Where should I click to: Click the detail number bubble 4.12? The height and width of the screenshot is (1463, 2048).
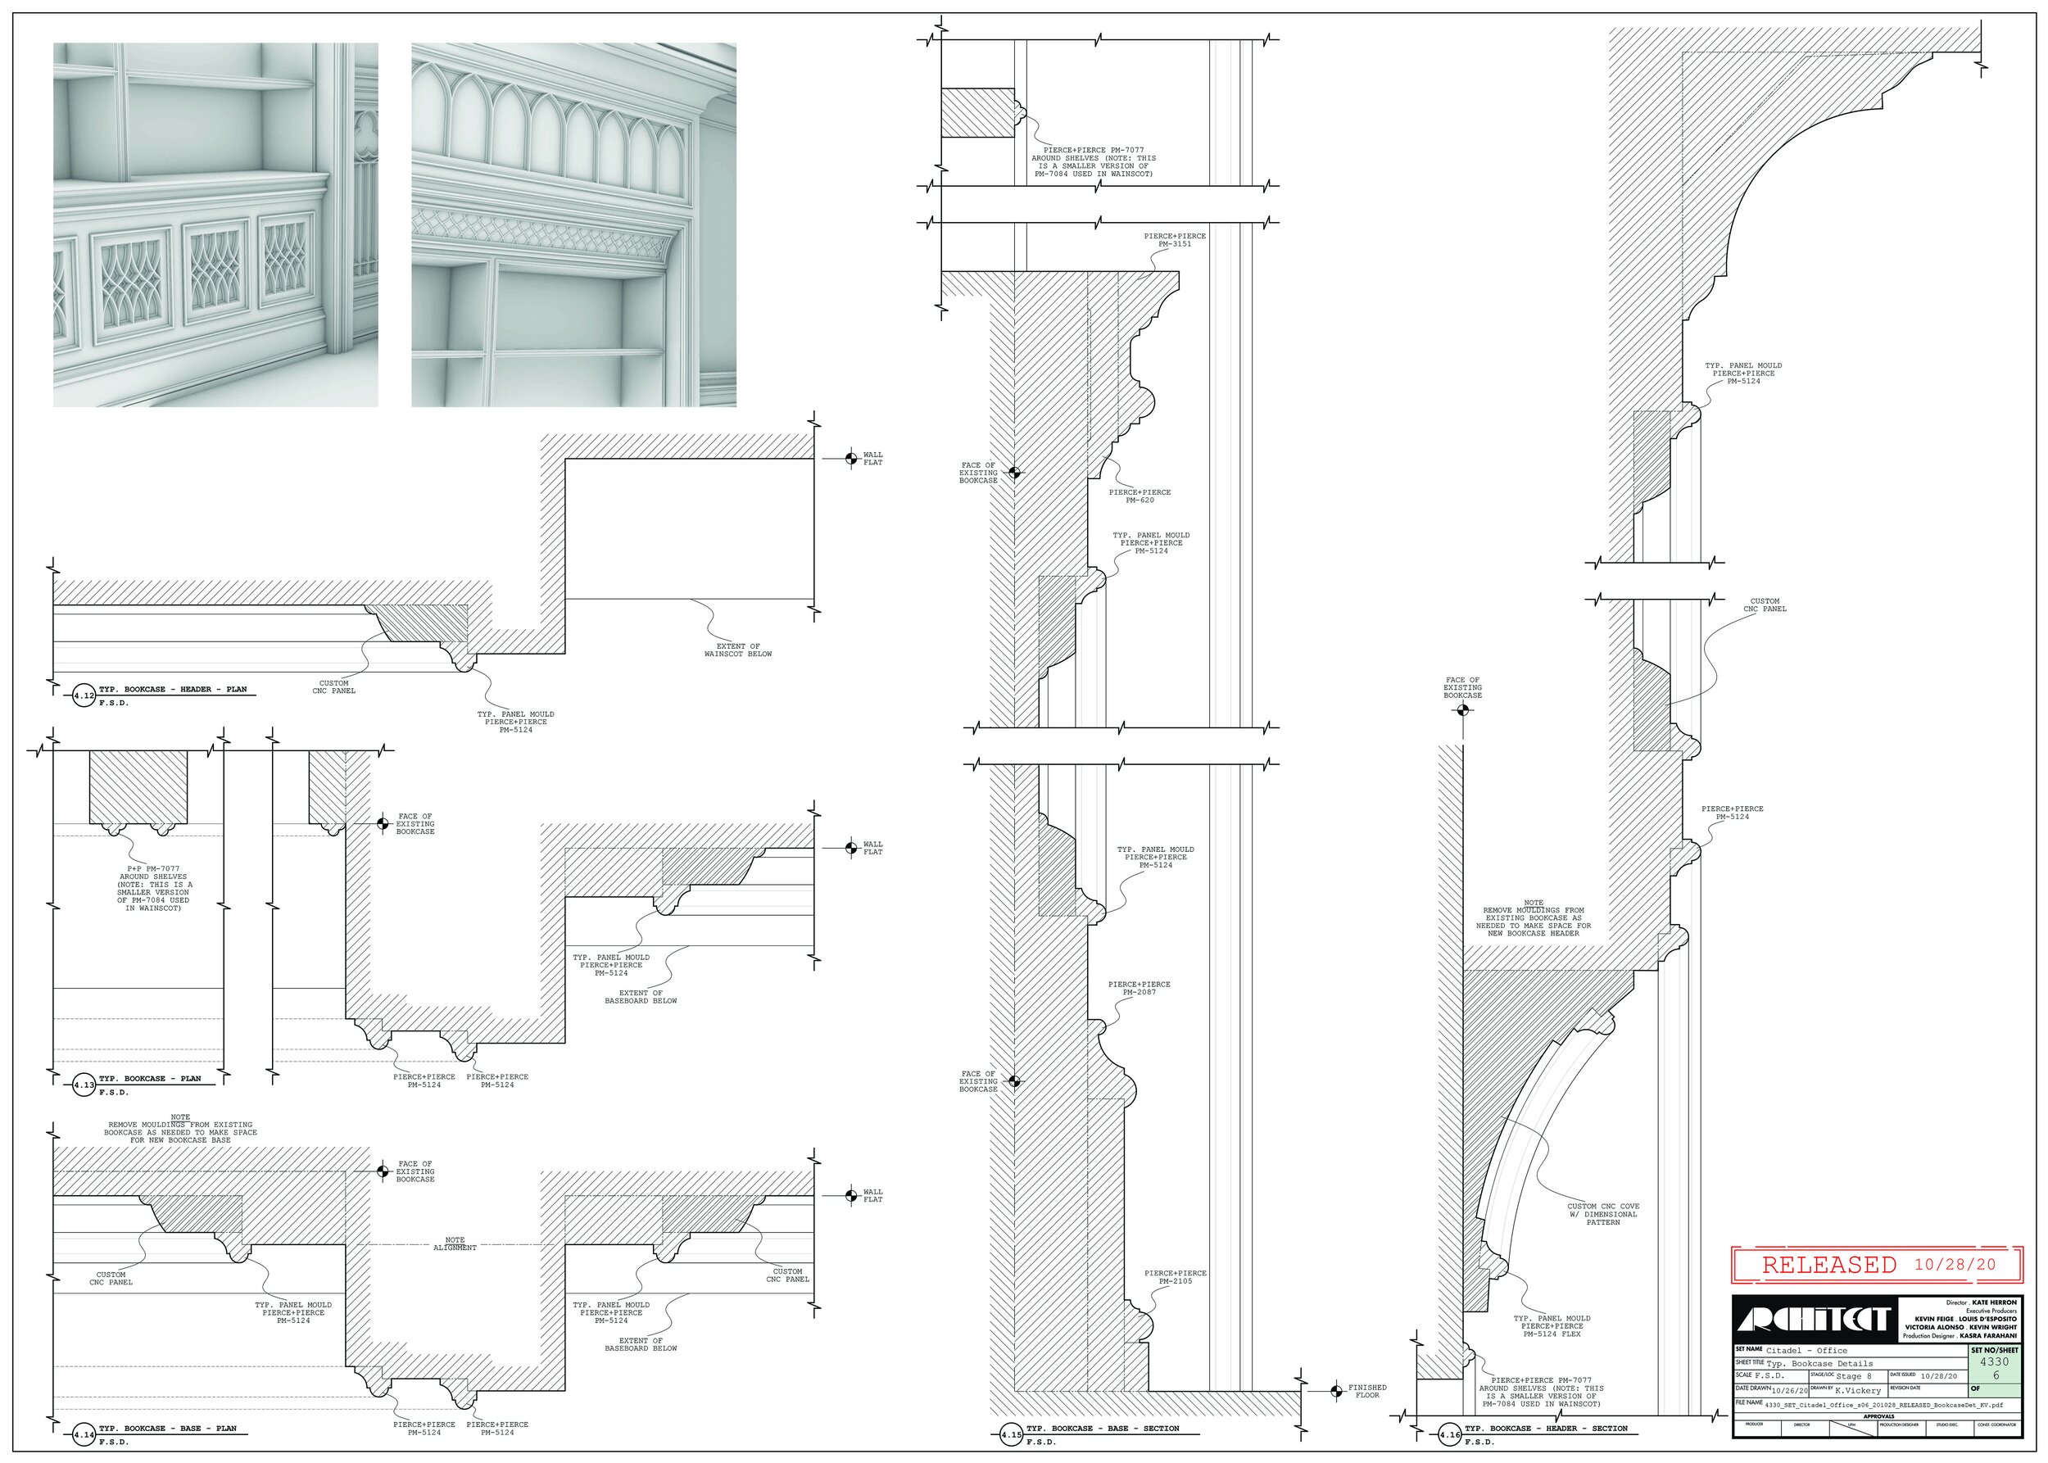[x=84, y=695]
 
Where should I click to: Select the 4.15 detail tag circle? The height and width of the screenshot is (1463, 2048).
[x=1011, y=1434]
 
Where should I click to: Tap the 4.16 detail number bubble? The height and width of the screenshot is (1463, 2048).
[x=1449, y=1434]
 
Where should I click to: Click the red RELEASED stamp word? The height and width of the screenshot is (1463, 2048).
[x=1829, y=1265]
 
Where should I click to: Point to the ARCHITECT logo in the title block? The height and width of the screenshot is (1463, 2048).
[x=1814, y=1319]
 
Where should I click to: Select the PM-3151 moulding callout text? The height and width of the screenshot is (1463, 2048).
[x=1175, y=240]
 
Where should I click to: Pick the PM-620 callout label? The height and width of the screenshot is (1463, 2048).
[x=1140, y=496]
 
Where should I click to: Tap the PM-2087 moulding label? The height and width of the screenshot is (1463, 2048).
[x=1139, y=988]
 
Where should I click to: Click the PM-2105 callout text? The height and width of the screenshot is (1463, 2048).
[x=1175, y=1276]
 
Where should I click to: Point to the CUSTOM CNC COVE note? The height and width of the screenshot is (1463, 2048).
[x=1603, y=1213]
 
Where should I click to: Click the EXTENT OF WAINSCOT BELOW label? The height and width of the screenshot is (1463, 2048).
[x=738, y=650]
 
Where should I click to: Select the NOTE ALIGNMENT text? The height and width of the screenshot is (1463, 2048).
[x=455, y=1243]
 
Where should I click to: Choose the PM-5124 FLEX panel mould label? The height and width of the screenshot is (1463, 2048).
[x=1552, y=1326]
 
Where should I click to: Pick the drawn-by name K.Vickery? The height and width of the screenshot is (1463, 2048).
[x=1858, y=1390]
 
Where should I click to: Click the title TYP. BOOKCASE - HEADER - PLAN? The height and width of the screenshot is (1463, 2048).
[x=172, y=689]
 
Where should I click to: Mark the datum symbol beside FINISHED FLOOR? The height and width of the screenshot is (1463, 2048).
[x=1336, y=1392]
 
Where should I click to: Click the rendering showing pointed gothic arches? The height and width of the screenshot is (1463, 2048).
[x=574, y=224]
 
